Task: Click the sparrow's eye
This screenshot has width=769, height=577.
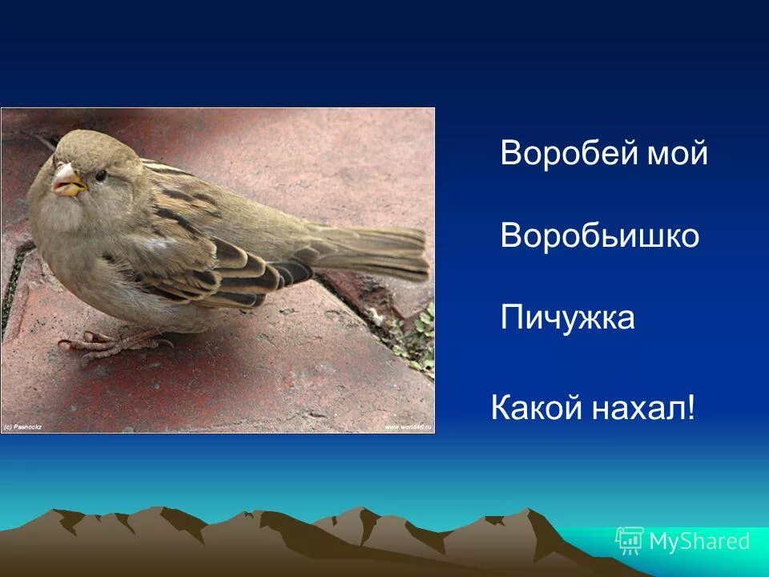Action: pos(101,175)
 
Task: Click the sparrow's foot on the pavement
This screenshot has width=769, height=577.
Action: pos(104,344)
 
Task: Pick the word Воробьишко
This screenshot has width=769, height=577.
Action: pos(600,236)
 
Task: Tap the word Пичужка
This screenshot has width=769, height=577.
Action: pos(567,318)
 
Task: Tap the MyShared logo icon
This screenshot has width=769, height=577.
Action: pos(629,541)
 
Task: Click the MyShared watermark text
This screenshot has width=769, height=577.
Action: pos(699,542)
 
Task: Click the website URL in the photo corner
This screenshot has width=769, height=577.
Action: pos(408,427)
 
